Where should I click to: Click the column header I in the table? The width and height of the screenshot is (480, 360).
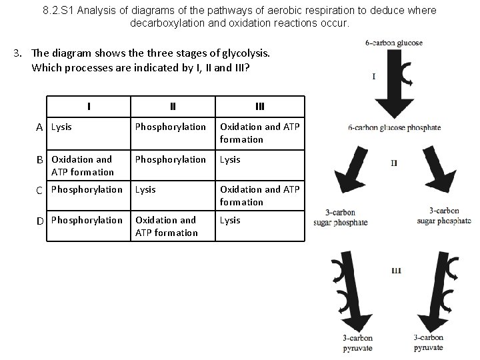89,106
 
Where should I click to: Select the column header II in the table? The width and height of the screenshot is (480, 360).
173,106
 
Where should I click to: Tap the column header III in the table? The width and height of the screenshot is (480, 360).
260,106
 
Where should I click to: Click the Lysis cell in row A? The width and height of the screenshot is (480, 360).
62,127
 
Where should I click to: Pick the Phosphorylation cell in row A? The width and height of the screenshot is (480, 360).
171,127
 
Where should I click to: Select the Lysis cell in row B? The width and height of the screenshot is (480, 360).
230,159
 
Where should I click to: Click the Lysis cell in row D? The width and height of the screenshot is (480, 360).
230,220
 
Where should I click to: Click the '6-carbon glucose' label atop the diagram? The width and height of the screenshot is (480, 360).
394,43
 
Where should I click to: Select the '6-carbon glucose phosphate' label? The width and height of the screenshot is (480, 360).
394,128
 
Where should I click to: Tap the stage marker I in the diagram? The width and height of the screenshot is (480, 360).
373,76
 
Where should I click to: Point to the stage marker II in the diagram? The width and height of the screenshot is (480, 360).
394,162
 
